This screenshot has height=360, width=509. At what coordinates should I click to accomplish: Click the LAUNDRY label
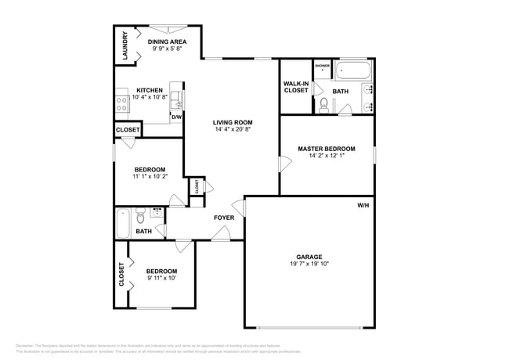point(125,46)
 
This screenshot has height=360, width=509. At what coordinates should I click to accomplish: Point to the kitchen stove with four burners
point(122,102)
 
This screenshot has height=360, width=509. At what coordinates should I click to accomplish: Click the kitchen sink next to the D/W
point(177,100)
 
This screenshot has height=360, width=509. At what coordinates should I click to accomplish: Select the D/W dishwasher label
point(176,117)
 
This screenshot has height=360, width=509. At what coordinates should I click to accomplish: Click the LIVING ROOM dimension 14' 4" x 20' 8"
point(233,129)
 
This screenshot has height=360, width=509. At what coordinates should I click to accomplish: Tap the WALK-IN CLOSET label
point(296,86)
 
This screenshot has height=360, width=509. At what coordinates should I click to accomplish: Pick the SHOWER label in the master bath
point(322,66)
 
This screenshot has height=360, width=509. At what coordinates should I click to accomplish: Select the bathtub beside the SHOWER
point(353,74)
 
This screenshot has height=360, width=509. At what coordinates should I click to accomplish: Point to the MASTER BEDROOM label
point(327,148)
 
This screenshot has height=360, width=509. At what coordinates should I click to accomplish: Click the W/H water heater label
point(363,205)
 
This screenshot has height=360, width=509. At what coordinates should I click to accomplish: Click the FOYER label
point(224,218)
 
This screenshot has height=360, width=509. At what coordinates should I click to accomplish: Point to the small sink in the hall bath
point(157,211)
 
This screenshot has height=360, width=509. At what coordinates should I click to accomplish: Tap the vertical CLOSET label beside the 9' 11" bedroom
point(121,275)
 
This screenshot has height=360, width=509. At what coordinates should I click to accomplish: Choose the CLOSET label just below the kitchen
point(128,130)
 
